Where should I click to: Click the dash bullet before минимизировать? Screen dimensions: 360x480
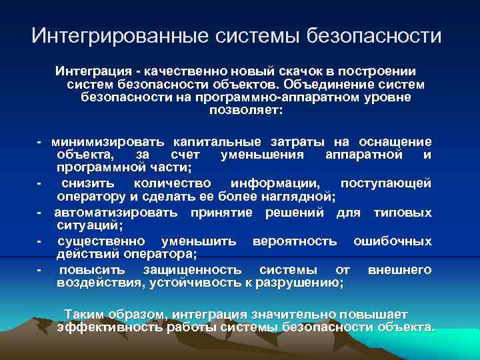coord(40,142)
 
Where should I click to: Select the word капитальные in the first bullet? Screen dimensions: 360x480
coord(226,142)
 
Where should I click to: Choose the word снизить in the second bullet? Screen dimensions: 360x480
coord(88,183)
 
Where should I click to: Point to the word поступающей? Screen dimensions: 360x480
coord(385,183)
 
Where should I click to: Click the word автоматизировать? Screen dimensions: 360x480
coord(116,213)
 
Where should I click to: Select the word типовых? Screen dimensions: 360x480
coord(403,213)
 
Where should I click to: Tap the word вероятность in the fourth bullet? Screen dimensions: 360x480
coord(294,241)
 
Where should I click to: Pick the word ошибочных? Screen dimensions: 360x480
coord(392,241)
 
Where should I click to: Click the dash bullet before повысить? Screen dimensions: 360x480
coord(40,270)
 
